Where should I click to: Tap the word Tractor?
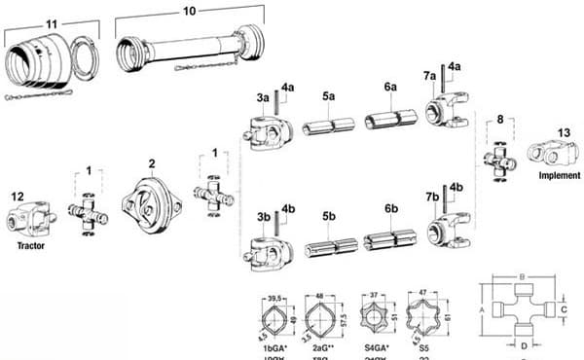(x=31, y=246)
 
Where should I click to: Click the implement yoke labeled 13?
(x=547, y=154)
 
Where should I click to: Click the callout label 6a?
(x=390, y=87)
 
